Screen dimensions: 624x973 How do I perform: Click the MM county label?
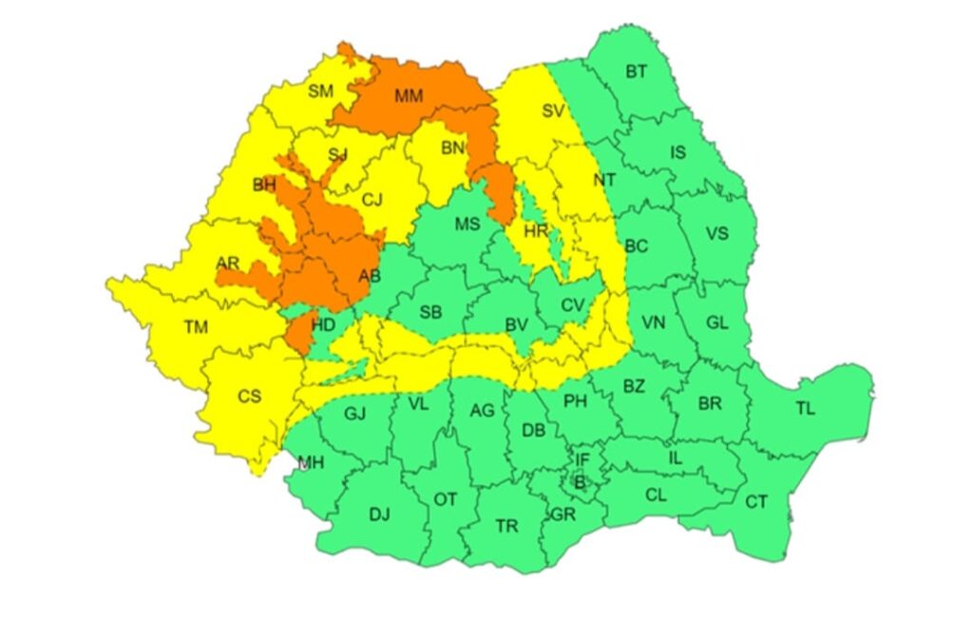point(409,95)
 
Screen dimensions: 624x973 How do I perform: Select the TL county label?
point(805,409)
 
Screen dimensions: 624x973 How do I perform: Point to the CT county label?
point(756,501)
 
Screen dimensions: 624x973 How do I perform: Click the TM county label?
point(196,327)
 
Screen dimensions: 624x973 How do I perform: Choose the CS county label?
point(249,397)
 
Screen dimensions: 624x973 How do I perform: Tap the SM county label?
point(320,91)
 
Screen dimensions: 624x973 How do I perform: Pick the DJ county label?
point(379,515)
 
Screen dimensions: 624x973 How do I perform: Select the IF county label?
point(582,460)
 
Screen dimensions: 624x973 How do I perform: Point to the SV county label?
point(552,111)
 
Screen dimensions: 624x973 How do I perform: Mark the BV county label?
point(516,325)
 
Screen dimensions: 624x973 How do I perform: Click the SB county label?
point(430,312)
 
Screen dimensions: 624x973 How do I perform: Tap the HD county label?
point(323,325)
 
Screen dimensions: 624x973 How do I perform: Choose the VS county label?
point(716,233)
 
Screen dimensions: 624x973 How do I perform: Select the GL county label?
point(716,322)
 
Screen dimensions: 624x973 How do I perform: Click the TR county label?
point(506,525)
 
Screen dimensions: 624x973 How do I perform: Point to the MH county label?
point(310,463)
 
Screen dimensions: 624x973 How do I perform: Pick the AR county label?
point(227,263)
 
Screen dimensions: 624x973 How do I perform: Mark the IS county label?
point(677,152)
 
